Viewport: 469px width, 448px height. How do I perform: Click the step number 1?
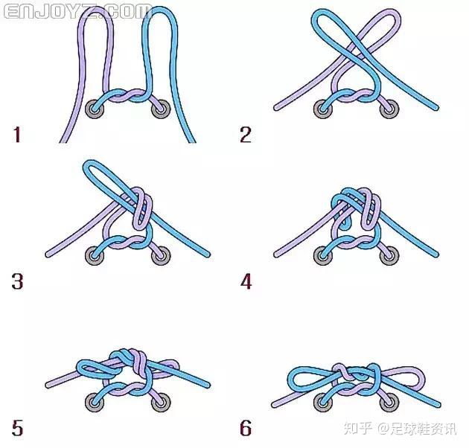(x=16, y=134)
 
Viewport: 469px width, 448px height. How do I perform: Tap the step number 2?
(x=246, y=134)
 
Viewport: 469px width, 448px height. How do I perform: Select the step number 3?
(x=17, y=281)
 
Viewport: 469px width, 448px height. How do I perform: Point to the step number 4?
(x=246, y=281)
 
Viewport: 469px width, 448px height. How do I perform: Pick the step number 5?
(x=17, y=428)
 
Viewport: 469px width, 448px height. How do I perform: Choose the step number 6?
(x=246, y=428)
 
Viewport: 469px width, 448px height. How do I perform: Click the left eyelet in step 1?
(x=95, y=109)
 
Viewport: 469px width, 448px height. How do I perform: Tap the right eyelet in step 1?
(x=161, y=109)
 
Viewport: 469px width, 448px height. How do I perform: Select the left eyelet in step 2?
(x=323, y=109)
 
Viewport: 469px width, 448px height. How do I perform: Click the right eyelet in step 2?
(x=389, y=109)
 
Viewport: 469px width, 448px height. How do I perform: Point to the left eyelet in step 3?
(x=95, y=256)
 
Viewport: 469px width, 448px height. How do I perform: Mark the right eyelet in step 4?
(x=389, y=256)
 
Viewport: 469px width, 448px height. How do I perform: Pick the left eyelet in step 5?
(x=95, y=403)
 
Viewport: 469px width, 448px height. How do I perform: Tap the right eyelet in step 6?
(x=389, y=403)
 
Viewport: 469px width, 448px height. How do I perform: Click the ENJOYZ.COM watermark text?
(x=77, y=12)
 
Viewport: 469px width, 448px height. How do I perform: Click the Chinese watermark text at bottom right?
(x=401, y=428)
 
